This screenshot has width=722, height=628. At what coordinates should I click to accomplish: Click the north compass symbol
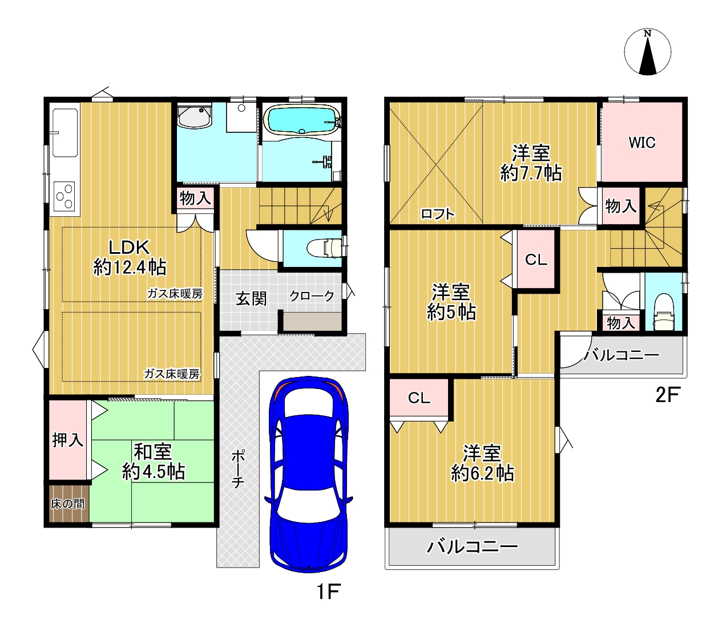tap(647, 52)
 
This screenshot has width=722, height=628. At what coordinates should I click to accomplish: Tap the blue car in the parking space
tap(308, 474)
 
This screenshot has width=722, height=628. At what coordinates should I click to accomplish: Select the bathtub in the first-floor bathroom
tap(302, 120)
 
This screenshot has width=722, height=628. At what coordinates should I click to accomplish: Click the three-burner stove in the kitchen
tap(64, 196)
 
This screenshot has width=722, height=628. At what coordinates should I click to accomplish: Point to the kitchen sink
tap(65, 132)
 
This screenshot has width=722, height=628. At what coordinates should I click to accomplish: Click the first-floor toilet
tap(324, 248)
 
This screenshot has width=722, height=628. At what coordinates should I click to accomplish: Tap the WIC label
tap(642, 143)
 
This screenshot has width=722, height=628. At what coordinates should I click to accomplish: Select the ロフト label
tap(438, 214)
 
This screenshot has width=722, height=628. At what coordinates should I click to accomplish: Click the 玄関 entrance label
tap(251, 299)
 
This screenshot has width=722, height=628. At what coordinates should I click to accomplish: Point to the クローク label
tap(312, 296)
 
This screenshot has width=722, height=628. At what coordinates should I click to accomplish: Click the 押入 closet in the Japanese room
tap(67, 440)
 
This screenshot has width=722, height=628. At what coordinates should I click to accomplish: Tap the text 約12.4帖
tap(130, 267)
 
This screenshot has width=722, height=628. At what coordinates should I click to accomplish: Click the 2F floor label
tap(667, 395)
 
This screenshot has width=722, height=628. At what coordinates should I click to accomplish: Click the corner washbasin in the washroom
tap(195, 116)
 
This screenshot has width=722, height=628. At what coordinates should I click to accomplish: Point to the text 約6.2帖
tap(482, 473)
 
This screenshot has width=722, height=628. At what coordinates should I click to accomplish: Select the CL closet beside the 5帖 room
tap(536, 259)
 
